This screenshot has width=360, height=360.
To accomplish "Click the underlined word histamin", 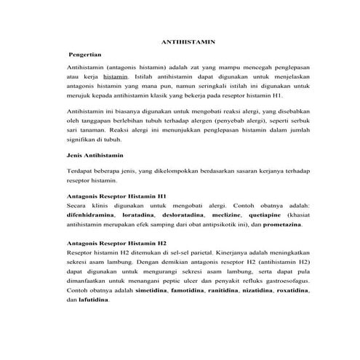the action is [116, 75].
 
